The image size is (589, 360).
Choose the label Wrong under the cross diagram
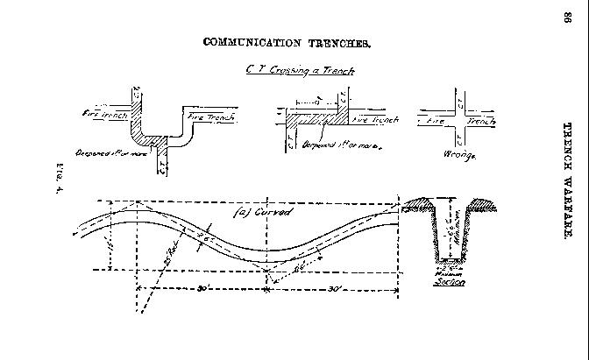pos(459,155)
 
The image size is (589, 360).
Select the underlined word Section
pos(453,282)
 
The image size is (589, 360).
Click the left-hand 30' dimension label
pos(202,288)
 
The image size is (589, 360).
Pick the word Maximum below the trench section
pos(452,273)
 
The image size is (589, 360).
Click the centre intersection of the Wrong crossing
pos(459,121)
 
